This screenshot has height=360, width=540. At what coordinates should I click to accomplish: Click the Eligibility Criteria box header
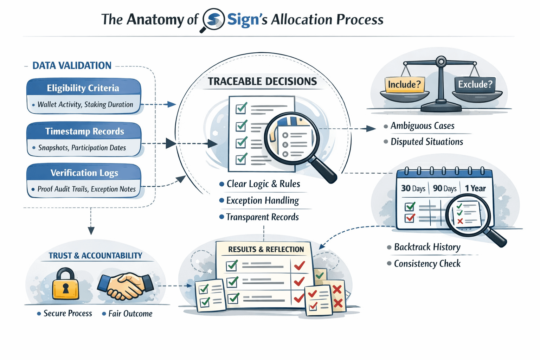coord(83,88)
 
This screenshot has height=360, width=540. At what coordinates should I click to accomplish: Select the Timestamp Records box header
coord(84,131)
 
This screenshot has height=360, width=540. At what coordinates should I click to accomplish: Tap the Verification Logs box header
coord(84,173)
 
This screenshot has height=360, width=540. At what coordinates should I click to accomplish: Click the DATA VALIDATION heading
coord(72,65)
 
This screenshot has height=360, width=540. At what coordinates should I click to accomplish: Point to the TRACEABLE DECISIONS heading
coord(262,81)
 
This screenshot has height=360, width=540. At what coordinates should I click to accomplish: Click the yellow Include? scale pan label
coord(404,84)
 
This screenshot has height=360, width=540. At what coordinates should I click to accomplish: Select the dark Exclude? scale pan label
coord(475,84)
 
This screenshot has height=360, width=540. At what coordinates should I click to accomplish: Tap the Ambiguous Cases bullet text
coord(422,126)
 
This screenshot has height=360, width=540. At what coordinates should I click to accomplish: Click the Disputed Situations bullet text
coord(427,142)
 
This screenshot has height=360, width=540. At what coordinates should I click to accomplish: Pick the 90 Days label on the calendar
coord(445,188)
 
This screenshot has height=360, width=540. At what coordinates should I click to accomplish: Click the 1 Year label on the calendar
coord(475,188)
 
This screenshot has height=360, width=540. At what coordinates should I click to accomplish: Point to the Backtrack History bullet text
coord(427,247)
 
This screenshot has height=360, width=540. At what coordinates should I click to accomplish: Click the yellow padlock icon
coord(65,285)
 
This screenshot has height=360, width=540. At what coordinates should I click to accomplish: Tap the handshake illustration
coord(126,285)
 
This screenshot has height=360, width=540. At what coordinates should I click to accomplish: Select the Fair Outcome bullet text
coord(130,314)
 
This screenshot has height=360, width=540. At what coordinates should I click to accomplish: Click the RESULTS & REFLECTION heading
coord(266,249)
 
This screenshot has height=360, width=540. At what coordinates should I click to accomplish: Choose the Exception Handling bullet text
coord(263,200)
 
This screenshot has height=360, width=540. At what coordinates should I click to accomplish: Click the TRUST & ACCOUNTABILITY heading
coord(95,256)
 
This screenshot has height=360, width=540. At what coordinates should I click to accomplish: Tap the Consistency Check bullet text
coord(427,264)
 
